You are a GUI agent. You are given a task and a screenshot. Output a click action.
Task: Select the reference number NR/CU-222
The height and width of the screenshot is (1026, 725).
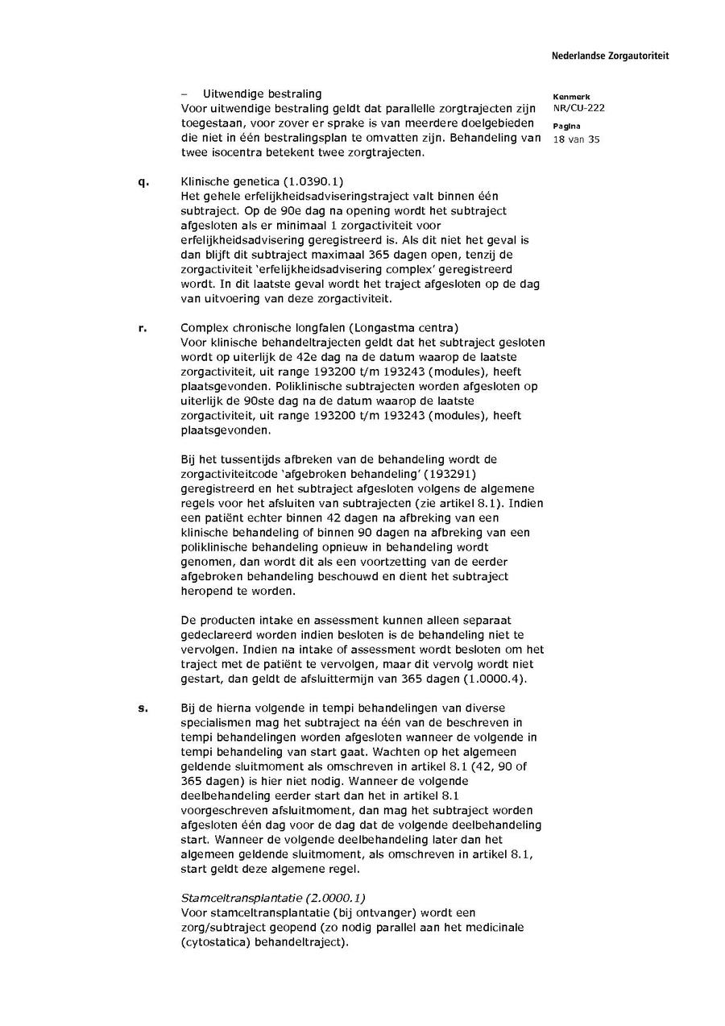tap(578, 108)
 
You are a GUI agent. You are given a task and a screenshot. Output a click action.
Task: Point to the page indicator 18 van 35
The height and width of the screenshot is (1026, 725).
tap(576, 139)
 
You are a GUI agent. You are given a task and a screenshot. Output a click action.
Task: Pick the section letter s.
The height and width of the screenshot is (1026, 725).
tap(143, 708)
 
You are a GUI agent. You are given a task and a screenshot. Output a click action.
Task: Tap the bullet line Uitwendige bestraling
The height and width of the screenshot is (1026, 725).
tap(251, 94)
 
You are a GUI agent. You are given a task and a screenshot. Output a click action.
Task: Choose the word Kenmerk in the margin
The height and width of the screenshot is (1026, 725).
tap(571, 97)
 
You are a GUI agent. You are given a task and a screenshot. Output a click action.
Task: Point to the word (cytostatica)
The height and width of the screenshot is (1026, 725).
tap(215, 941)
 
